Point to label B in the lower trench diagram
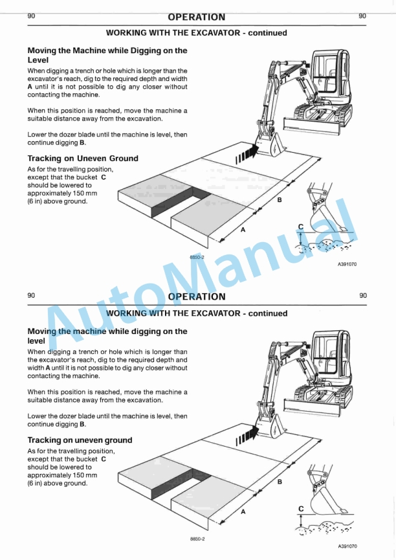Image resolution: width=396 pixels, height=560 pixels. click(280, 482)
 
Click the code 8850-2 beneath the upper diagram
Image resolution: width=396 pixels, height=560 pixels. click(197, 257)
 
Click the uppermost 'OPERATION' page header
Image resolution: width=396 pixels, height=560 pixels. click(197, 17)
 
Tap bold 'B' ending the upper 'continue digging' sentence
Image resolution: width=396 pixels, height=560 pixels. click(82, 143)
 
